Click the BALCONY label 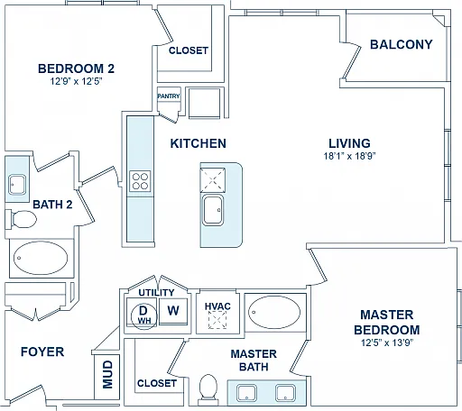pos(401,44)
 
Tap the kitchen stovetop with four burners pos(140,181)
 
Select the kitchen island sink pos(213,210)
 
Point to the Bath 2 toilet pos(21,219)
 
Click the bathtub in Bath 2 pos(41,258)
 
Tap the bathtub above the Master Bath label pos(274,312)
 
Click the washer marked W pos(173,311)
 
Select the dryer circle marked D pos(144,315)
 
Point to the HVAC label pos(217,306)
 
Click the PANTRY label pos(169,96)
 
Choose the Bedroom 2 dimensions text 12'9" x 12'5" pos(76,81)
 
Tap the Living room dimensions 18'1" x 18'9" pos(349,156)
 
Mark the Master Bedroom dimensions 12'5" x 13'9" pos(387,342)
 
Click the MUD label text pos(107,374)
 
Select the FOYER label pos(42,352)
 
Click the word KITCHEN pos(199,143)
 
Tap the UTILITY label pos(156,292)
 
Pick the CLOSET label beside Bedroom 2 pos(189,50)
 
